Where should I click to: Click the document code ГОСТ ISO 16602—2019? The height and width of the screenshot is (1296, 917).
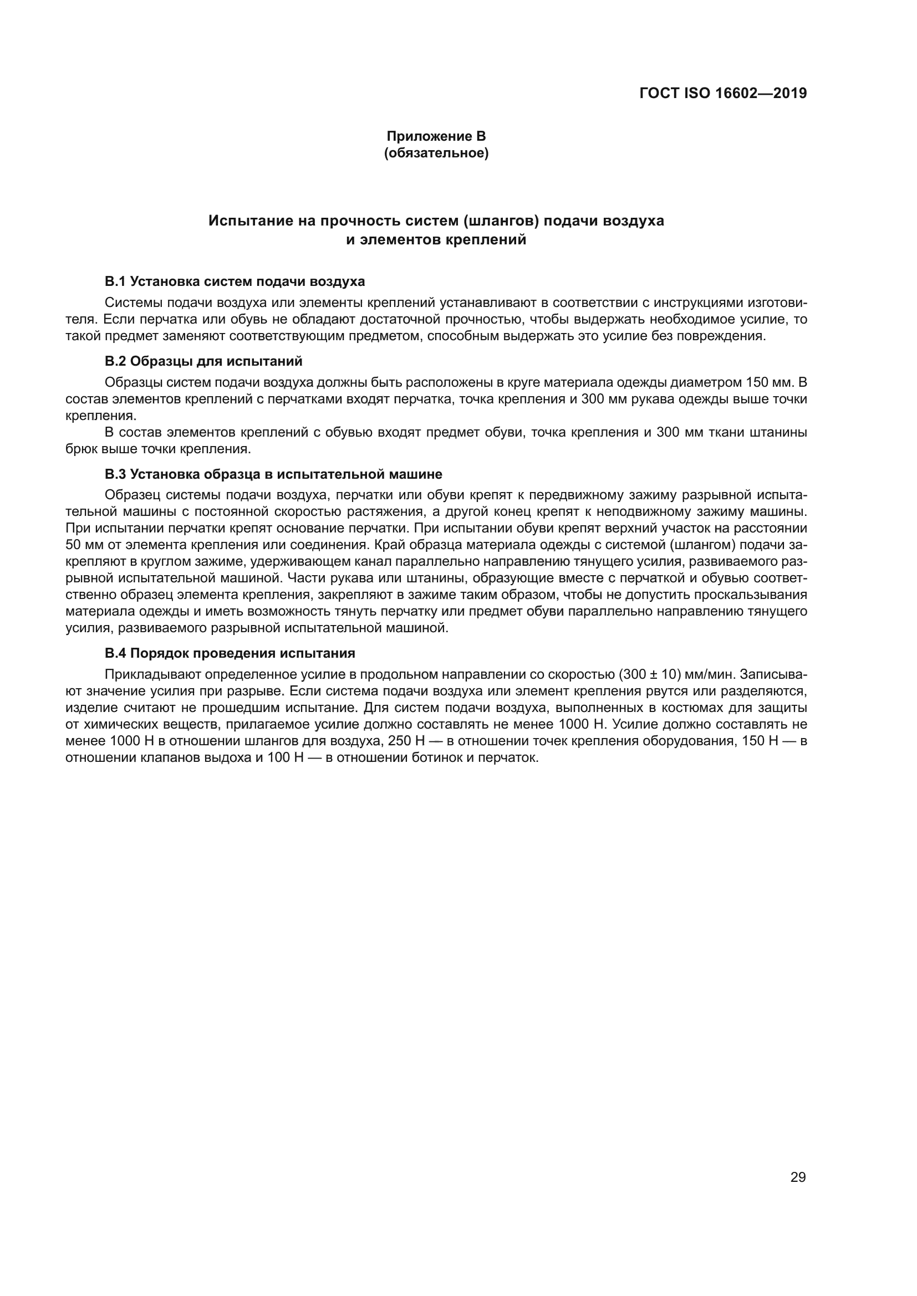pyautogui.click(x=723, y=93)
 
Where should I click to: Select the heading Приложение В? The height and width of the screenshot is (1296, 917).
pyautogui.click(x=436, y=136)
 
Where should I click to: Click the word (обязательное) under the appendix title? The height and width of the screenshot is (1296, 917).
pyautogui.click(x=436, y=153)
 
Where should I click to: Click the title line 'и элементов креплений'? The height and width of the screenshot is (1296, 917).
pyautogui.click(x=436, y=240)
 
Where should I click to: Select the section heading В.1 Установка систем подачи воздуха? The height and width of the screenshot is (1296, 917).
pyautogui.click(x=235, y=281)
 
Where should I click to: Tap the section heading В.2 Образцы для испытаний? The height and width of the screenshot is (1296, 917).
pyautogui.click(x=204, y=361)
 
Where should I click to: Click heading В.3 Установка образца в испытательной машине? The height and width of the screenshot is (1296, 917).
pyautogui.click(x=273, y=474)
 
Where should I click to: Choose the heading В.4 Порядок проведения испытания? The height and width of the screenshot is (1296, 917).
pyautogui.click(x=230, y=653)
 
